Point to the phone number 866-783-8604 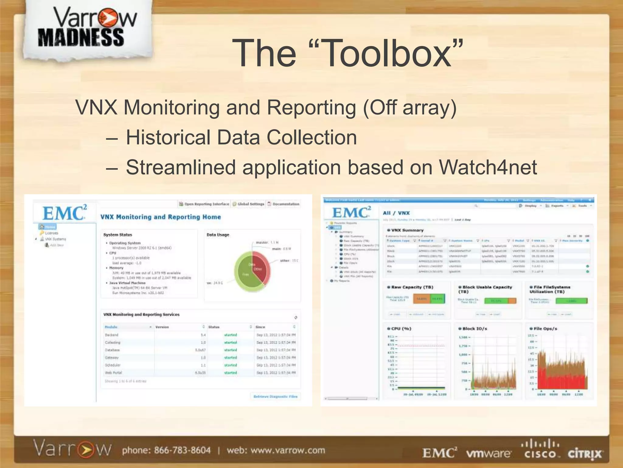point(182,450)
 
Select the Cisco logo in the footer point(541,450)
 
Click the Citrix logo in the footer point(584,454)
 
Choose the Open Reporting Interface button point(204,204)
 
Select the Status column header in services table point(214,327)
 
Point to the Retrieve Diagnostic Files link point(275,396)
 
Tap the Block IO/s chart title point(475,328)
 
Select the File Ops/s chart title point(545,328)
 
